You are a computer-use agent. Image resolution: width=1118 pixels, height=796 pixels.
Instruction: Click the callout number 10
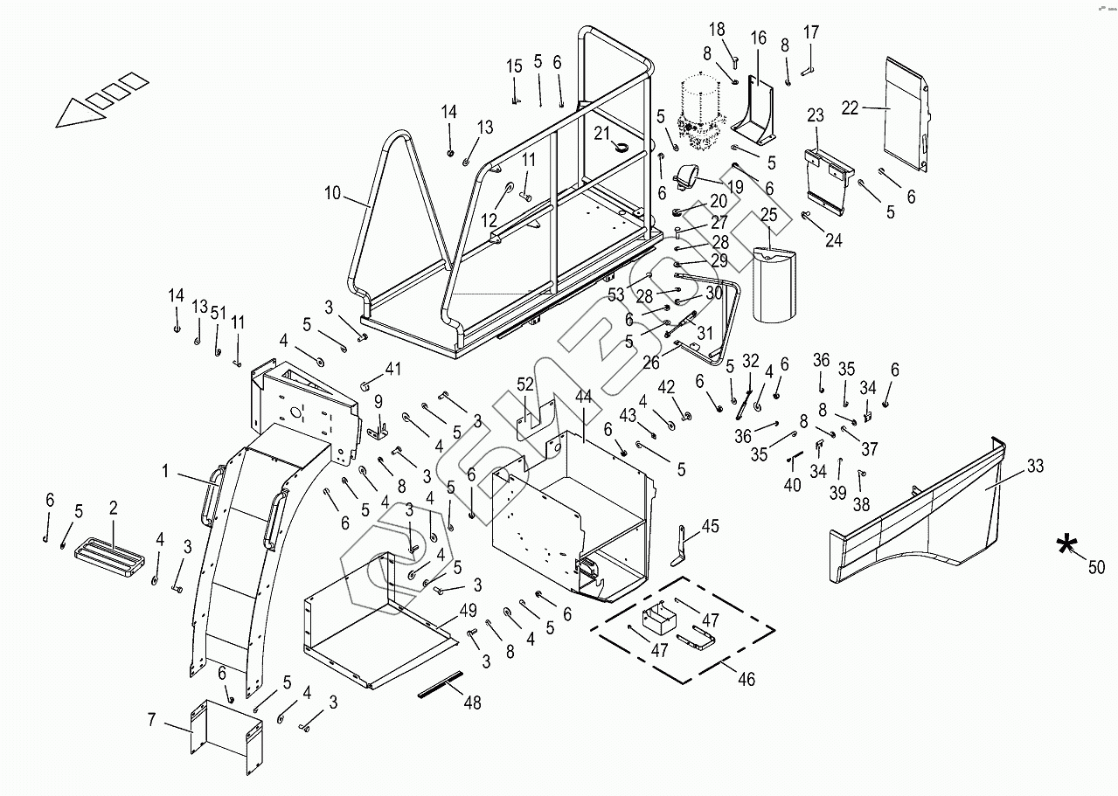[332, 193]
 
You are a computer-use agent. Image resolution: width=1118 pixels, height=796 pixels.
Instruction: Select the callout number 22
[850, 107]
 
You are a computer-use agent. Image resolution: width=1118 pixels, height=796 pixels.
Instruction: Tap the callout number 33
[1035, 466]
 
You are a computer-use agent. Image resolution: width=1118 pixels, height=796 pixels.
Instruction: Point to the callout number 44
[583, 397]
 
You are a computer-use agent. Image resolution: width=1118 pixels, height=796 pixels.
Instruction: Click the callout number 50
[1096, 567]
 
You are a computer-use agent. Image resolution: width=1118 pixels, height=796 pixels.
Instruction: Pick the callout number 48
[472, 703]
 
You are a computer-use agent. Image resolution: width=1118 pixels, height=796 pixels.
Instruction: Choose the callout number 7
[152, 720]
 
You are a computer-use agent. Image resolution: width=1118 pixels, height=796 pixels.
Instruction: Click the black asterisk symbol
[1067, 544]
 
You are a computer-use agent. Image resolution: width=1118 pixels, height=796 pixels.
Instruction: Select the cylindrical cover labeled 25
[774, 286]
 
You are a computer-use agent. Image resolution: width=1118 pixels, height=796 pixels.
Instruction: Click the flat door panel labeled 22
[906, 114]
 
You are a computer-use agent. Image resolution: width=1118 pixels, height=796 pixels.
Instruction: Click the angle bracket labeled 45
[681, 546]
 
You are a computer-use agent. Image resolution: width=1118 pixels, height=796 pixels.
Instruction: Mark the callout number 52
[524, 384]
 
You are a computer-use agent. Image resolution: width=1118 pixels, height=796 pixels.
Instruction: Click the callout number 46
[746, 679]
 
